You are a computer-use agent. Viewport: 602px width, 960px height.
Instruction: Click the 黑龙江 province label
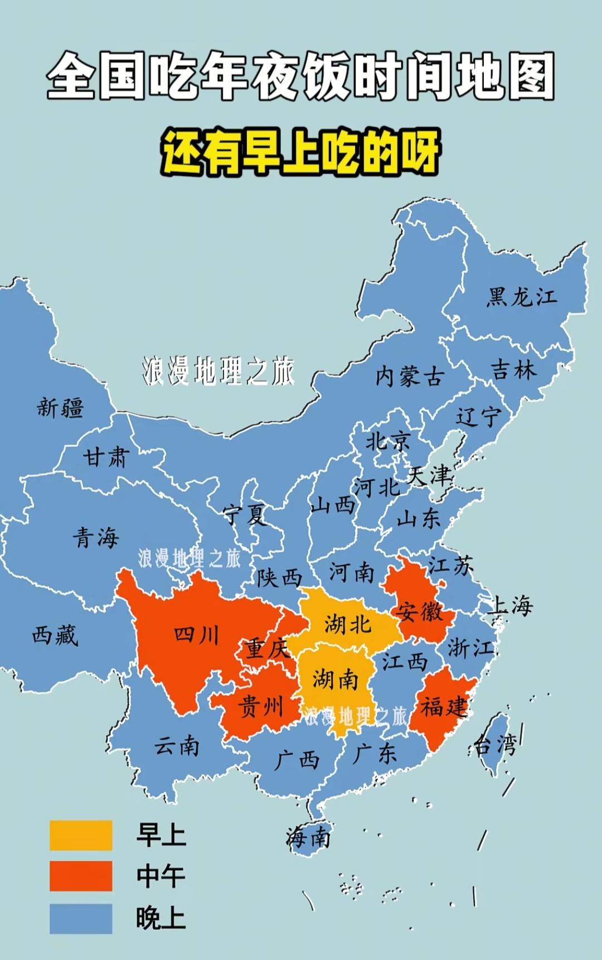coord(522,297)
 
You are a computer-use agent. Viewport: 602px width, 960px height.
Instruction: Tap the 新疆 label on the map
coord(60,407)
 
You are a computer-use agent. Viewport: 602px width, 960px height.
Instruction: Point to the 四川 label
coord(196,635)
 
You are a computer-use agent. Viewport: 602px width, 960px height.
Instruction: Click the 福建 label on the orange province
coord(443,707)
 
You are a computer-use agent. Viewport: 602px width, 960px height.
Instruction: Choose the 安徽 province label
coord(419,612)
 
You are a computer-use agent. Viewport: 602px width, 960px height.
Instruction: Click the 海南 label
coord(308,837)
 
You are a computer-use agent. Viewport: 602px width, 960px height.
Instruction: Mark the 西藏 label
coord(55,635)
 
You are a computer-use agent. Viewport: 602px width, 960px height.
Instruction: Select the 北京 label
coord(388,442)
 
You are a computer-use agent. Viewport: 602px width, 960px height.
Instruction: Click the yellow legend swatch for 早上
coord(81,835)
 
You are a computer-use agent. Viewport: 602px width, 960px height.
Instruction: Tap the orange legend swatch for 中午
coord(81,876)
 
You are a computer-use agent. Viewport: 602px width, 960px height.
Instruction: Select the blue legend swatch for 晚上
coord(81,918)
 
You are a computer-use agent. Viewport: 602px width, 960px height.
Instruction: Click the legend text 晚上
coord(161,918)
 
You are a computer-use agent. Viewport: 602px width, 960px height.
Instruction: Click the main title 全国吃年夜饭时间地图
coord(301,76)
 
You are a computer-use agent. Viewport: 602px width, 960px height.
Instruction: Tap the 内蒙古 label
coord(409,377)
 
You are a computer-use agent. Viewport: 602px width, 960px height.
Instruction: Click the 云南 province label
coord(177,745)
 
